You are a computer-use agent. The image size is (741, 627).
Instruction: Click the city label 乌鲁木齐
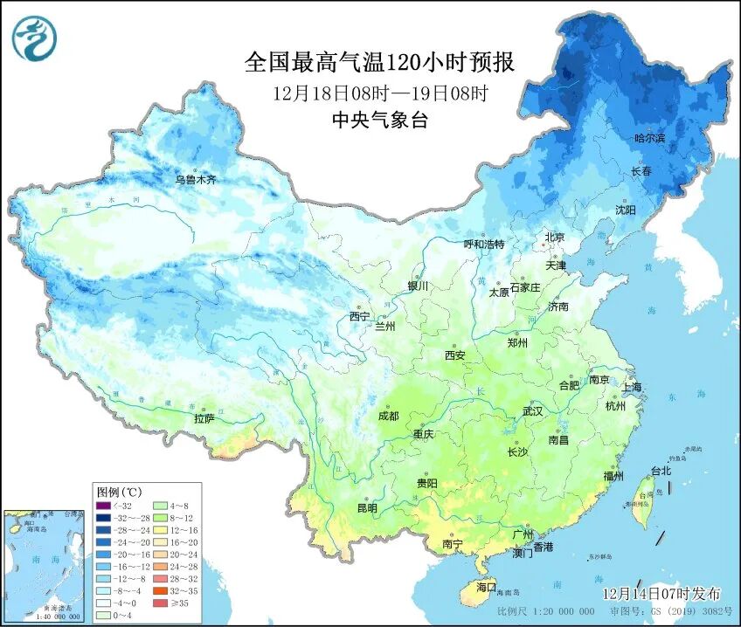pos(195,179)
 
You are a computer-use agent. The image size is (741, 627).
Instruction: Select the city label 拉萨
pos(204,418)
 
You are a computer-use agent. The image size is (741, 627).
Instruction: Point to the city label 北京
pos(555,237)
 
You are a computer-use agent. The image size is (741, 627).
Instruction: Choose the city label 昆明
pos(367,507)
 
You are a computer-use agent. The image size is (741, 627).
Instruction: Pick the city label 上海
pos(631,387)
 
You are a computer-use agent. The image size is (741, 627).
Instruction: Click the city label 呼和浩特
pos(483,245)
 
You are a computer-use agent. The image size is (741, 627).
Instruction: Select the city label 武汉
pos(532,410)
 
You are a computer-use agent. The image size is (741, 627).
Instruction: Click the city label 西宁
pos(359,316)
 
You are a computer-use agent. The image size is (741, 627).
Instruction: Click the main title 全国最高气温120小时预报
pos(379,63)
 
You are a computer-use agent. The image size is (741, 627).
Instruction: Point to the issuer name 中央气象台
pos(379,121)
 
